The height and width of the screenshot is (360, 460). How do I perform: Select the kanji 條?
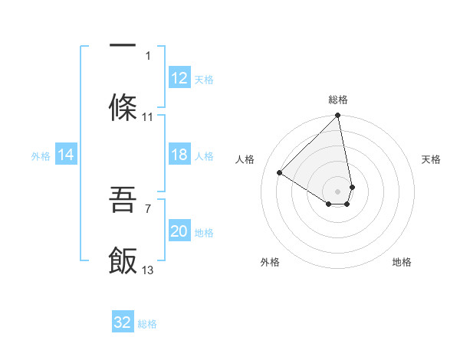[x=123, y=108]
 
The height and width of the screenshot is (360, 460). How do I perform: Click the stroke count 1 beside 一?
[x=149, y=55]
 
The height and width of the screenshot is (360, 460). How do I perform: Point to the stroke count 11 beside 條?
[x=148, y=117]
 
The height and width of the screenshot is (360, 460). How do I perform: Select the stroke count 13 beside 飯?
[x=148, y=270]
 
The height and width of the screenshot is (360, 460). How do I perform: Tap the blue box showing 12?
[x=179, y=78]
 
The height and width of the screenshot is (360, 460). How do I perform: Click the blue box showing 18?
[x=179, y=155]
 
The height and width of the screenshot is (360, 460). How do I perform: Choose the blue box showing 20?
[x=179, y=232]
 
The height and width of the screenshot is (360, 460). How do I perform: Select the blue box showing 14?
[x=66, y=155]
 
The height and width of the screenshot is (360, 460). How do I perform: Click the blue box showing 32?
[x=123, y=322]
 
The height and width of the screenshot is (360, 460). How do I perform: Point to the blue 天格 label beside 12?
[x=204, y=79]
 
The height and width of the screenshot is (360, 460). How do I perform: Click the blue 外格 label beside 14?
[x=41, y=156]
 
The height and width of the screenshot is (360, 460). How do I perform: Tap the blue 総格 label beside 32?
[x=147, y=324]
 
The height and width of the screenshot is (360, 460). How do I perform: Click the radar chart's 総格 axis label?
[x=338, y=100]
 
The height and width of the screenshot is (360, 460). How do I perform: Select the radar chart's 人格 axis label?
[x=245, y=159]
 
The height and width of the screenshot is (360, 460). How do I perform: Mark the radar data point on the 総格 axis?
[x=338, y=116]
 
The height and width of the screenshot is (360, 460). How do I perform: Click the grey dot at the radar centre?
[x=338, y=190]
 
